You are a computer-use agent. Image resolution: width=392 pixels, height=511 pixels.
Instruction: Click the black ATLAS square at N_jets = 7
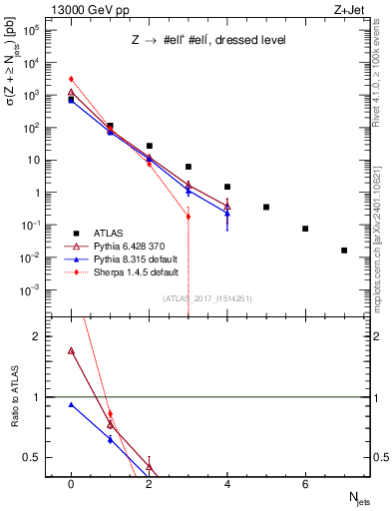(344, 251)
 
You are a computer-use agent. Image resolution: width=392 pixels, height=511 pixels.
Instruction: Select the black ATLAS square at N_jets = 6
(305, 229)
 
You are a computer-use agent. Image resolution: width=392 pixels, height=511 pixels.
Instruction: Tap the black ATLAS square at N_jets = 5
(266, 207)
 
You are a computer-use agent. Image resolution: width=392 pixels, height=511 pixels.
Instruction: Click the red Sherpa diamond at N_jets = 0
(71, 79)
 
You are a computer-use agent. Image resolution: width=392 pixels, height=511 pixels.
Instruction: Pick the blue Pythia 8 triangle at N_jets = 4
(227, 213)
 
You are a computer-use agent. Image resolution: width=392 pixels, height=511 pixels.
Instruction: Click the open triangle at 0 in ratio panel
(71, 351)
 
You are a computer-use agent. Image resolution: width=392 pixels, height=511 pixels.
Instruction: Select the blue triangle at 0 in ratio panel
(71, 404)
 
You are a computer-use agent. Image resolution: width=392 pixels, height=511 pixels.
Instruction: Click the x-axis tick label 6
(305, 483)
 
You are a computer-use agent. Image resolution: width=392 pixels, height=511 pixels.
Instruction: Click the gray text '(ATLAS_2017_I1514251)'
(206, 298)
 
